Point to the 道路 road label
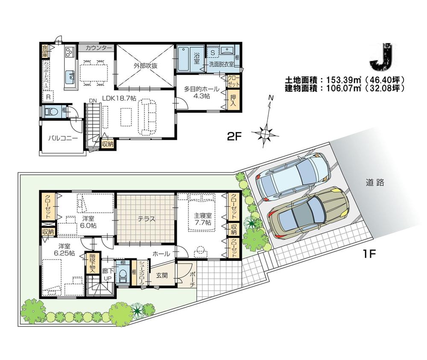[x=375, y=183]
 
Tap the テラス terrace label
[x=146, y=219]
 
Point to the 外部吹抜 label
[x=146, y=66]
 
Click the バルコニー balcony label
[x=62, y=138]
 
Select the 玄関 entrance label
[x=161, y=275]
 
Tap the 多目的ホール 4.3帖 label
[x=202, y=93]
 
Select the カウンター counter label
[x=99, y=48]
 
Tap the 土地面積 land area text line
[x=344, y=80]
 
